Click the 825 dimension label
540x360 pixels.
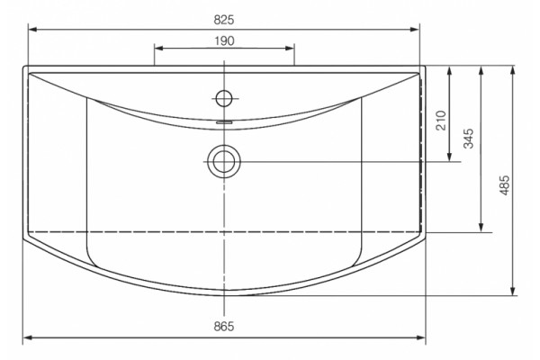tap(224, 20)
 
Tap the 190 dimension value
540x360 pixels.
tap(224, 41)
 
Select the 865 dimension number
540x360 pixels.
tap(224, 326)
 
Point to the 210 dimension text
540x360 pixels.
tap(441, 121)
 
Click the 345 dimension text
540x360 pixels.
tap(468, 138)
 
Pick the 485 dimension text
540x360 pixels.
tap(505, 185)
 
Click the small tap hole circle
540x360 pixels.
tap(224, 98)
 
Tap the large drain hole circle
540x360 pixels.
tap(224, 162)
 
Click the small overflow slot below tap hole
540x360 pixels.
tap(224, 122)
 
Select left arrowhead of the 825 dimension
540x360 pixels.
tap(32, 30)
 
